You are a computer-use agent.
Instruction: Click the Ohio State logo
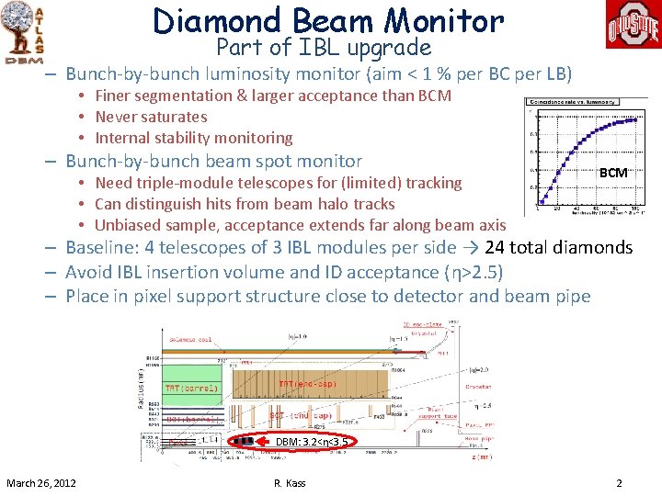[632, 25]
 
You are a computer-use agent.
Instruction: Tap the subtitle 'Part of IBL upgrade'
[324, 47]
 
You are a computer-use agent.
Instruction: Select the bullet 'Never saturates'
[151, 117]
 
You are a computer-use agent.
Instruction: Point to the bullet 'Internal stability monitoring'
[194, 138]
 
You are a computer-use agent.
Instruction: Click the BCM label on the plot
[613, 173]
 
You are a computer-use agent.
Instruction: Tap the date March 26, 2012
[41, 483]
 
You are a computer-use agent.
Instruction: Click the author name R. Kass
[289, 483]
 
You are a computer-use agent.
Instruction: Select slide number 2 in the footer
[619, 483]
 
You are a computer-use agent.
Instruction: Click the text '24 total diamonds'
[558, 247]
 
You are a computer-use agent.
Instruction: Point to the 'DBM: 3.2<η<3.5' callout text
[312, 442]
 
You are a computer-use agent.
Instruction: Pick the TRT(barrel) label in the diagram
[192, 387]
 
